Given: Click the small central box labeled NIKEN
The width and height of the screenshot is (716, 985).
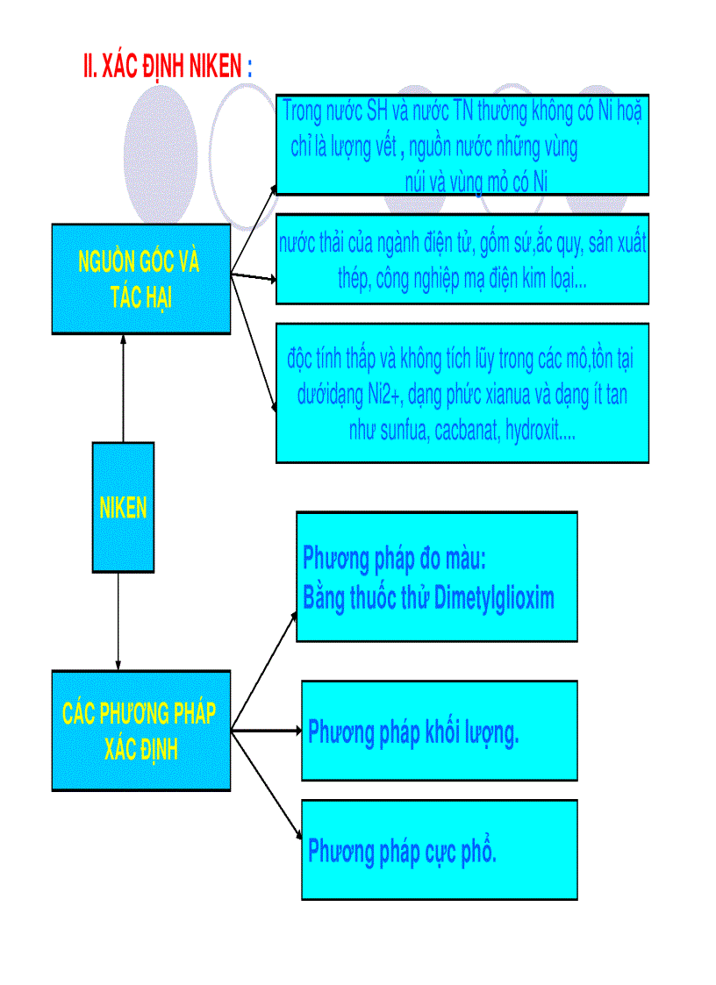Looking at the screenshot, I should pos(123,507).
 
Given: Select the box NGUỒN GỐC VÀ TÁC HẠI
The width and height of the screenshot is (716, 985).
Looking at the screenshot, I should pos(140,278).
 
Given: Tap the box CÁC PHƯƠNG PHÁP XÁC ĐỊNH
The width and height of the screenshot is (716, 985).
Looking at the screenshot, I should pos(140,731).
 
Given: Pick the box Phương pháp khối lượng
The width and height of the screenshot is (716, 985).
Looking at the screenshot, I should pos(439,731).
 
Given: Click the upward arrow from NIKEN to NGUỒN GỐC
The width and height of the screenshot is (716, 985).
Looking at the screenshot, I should pos(123,386).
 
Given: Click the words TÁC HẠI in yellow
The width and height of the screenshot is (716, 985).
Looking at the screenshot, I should pos(140,297).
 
